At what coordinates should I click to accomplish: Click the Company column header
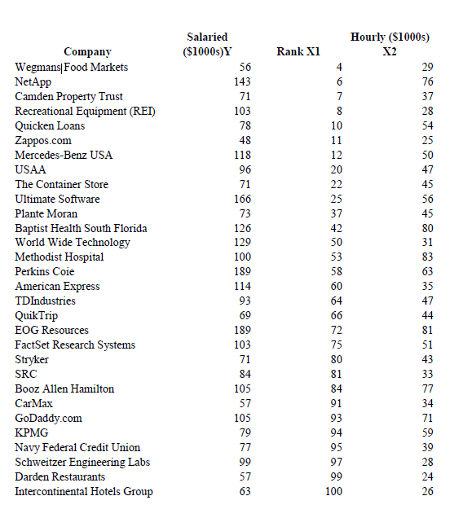point(87,52)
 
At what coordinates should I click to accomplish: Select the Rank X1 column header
point(298,52)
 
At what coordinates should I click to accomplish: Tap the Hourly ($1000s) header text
point(390,37)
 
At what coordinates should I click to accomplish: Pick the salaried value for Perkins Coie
point(241,272)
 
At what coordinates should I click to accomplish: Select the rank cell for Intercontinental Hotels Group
point(333,491)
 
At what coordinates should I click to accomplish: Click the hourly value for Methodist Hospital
point(427,257)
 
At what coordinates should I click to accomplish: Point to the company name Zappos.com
point(43,140)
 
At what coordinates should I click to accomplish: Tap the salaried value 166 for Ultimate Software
point(241,199)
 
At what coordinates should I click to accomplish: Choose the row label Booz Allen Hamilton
point(64,388)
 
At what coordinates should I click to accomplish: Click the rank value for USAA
point(336,169)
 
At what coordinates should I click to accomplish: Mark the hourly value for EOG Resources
point(427,331)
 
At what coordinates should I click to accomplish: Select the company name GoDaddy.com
point(48,418)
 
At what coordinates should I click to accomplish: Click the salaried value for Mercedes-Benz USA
point(241,155)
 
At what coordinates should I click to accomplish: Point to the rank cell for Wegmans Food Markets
point(338,67)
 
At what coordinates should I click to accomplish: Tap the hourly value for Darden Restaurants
point(427,476)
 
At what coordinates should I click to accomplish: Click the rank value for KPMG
point(336,432)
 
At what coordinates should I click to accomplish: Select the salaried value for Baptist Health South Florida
point(241,228)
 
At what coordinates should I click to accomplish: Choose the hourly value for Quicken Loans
point(427,125)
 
